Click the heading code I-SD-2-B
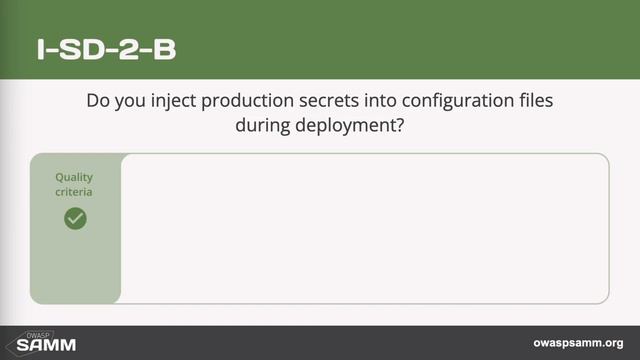106,50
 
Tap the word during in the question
261,127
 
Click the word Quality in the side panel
74,177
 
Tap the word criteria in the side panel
74,191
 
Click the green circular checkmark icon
75,218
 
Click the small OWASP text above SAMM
38,335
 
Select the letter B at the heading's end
164,50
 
